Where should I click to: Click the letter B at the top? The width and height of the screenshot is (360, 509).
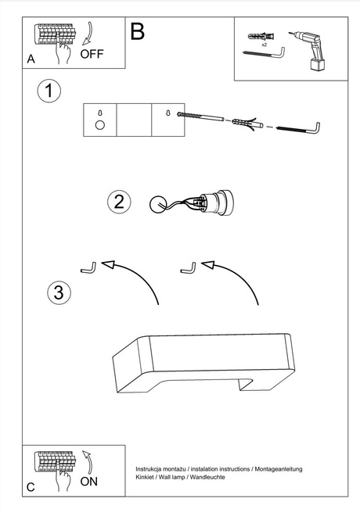[x=138, y=31]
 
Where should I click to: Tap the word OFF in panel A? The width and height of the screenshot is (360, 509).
[x=92, y=54]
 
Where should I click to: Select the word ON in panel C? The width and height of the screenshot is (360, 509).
[x=90, y=481]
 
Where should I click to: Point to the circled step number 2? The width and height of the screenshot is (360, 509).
[x=118, y=202]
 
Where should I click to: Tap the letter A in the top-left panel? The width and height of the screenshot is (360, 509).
[x=31, y=59]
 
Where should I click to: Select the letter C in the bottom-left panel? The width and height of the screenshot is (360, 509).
[x=31, y=487]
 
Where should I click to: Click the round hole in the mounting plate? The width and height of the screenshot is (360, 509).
[x=99, y=125]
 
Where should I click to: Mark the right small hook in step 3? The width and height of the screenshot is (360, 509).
[x=188, y=267]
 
